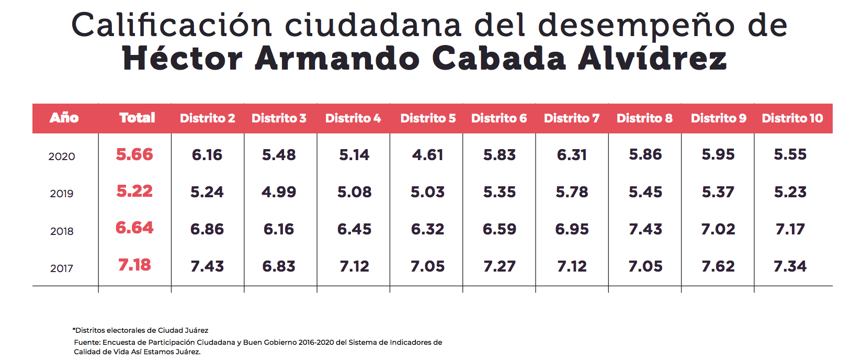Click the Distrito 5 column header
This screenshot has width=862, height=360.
tap(428, 118)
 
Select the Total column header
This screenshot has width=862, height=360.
tap(137, 118)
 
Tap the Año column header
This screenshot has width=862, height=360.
tap(64, 118)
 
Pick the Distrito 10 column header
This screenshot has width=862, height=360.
tap(792, 118)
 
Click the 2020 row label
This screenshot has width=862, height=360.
tap(62, 156)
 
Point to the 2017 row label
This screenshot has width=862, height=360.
tap(62, 268)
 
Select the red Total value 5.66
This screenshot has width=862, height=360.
tap(134, 154)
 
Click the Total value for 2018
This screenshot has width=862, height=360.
tap(134, 228)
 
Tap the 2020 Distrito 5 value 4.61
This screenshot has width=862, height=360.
tap(427, 155)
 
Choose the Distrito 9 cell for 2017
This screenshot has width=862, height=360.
tap(718, 266)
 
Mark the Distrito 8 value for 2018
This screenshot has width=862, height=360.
tap(645, 229)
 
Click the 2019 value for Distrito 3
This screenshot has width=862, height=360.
tap(279, 192)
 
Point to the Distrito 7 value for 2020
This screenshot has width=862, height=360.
tap(572, 155)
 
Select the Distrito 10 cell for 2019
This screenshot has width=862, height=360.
tap(790, 192)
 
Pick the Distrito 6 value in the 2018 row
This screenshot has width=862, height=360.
tap(500, 229)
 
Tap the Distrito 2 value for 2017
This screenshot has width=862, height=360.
tap(207, 266)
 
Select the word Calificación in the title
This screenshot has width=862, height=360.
tap(171, 25)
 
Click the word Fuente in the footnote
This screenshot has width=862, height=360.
tap(86, 342)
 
